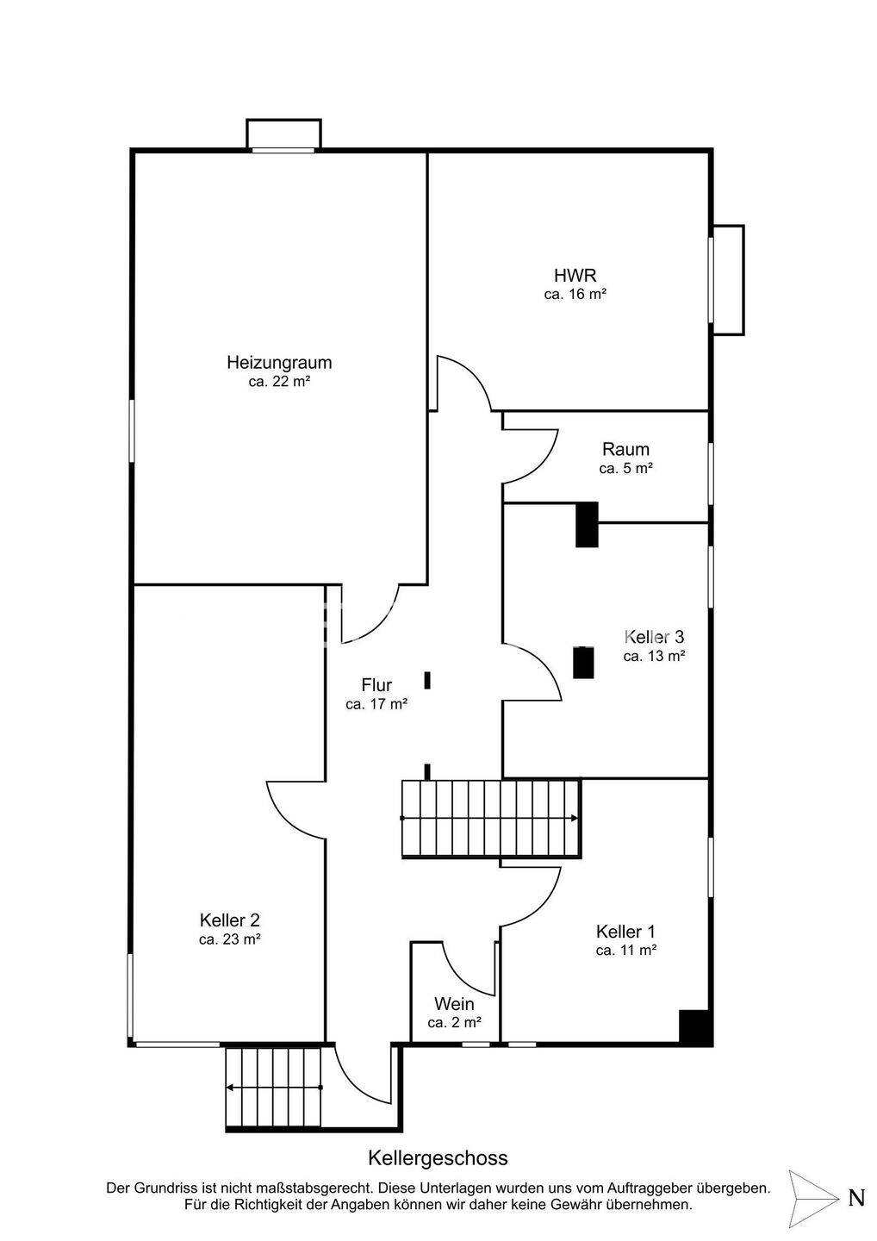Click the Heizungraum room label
coord(279,363)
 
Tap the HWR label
coord(575,276)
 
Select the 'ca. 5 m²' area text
coord(625,469)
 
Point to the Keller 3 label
coord(654,637)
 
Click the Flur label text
coord(376,685)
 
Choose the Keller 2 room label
coord(230,920)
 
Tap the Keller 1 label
coord(625,932)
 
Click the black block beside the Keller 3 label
coord(583,662)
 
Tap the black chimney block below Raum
coord(587,524)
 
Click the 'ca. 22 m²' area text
coord(279,381)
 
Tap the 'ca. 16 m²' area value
coord(575,294)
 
